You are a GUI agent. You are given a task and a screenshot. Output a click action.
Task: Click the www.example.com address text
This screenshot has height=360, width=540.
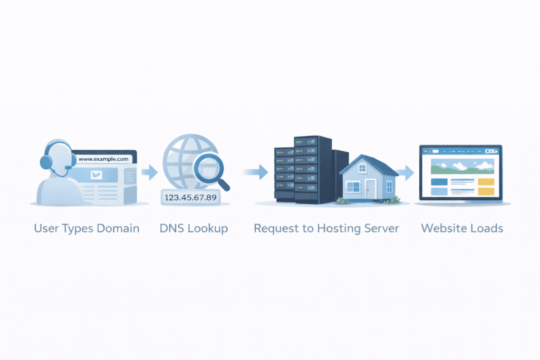103,159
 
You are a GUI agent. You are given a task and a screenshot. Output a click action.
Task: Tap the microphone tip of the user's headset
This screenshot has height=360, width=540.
67,168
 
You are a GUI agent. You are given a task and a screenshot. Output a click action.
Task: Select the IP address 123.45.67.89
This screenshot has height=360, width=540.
190,198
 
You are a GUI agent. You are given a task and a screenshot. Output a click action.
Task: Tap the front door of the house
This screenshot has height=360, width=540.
371,189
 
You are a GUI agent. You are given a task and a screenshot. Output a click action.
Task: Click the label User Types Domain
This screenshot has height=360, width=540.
86,229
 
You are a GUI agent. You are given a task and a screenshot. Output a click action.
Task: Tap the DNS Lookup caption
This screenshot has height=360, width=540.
194,229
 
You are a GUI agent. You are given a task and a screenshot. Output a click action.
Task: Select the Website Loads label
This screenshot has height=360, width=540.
462,229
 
